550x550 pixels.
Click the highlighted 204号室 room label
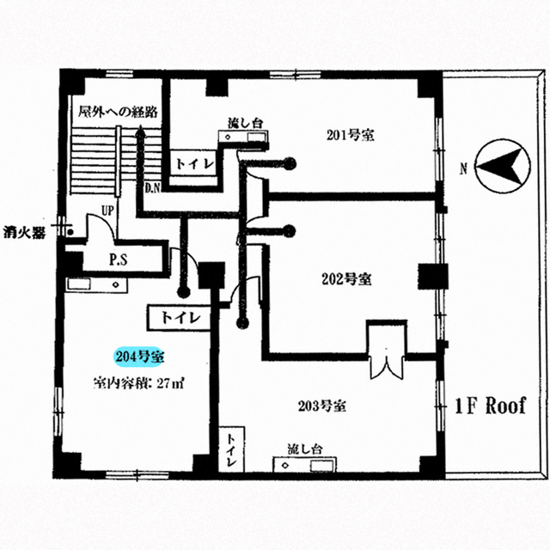click(139, 357)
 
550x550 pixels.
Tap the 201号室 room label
click(351, 135)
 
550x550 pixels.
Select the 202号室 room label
click(346, 279)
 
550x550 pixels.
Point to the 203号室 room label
click(322, 406)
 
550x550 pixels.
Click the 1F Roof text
click(491, 406)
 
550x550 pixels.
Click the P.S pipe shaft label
click(119, 260)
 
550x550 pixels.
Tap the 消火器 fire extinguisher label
click(24, 233)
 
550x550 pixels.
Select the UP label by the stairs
click(107, 211)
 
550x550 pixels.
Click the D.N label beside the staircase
click(153, 188)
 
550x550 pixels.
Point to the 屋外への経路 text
click(118, 112)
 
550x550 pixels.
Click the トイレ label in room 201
click(195, 164)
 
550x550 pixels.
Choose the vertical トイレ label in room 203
click(231, 450)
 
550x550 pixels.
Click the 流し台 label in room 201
click(245, 123)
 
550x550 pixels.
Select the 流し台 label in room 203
click(305, 449)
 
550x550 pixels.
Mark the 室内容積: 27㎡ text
click(138, 383)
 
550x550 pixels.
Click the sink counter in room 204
click(96, 284)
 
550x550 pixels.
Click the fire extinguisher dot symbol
click(70, 232)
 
